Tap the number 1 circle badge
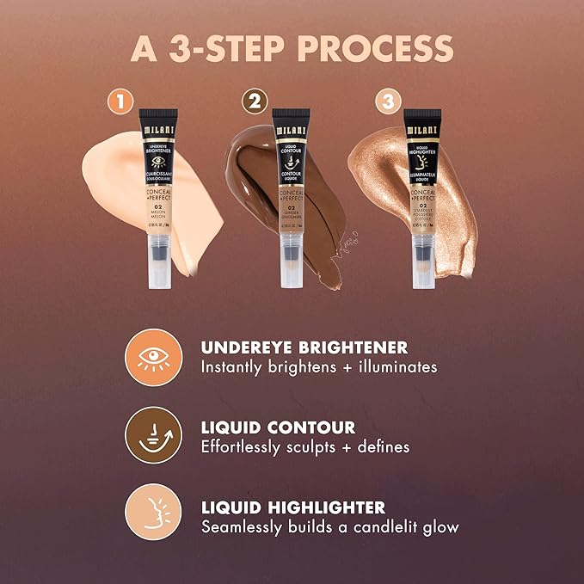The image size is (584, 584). [122, 102]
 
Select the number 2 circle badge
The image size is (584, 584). [254, 102]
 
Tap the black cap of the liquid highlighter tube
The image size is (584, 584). [421, 124]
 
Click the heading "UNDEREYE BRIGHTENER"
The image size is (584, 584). [304, 347]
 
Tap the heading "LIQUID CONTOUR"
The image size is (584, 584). [277, 427]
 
